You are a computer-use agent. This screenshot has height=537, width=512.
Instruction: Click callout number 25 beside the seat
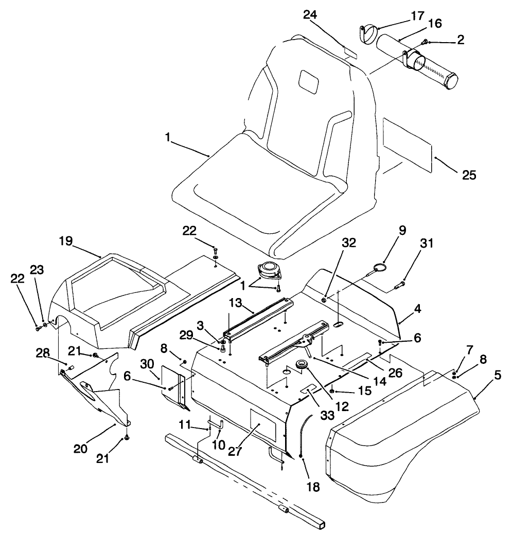pos(468,175)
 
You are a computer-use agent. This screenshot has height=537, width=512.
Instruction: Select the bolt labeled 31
pos(399,283)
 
